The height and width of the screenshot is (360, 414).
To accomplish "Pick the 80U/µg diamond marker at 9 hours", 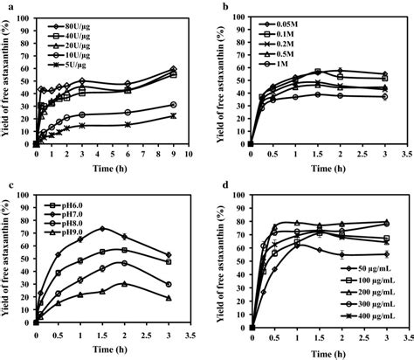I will point(173,69).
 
